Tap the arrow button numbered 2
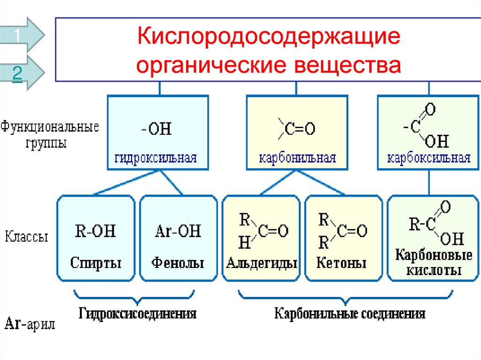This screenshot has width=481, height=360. (21, 73)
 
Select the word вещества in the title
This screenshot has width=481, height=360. (348, 65)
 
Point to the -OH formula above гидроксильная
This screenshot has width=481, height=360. (156, 128)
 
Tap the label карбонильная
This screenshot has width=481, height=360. (297, 158)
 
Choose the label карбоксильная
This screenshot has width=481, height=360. (429, 158)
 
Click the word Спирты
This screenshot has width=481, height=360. (96, 262)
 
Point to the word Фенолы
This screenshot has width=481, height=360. (178, 262)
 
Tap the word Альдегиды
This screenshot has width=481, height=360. (262, 262)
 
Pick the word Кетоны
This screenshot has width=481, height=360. (341, 262)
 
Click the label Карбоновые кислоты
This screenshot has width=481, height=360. (427, 263)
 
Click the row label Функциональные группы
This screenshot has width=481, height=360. (49, 134)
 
